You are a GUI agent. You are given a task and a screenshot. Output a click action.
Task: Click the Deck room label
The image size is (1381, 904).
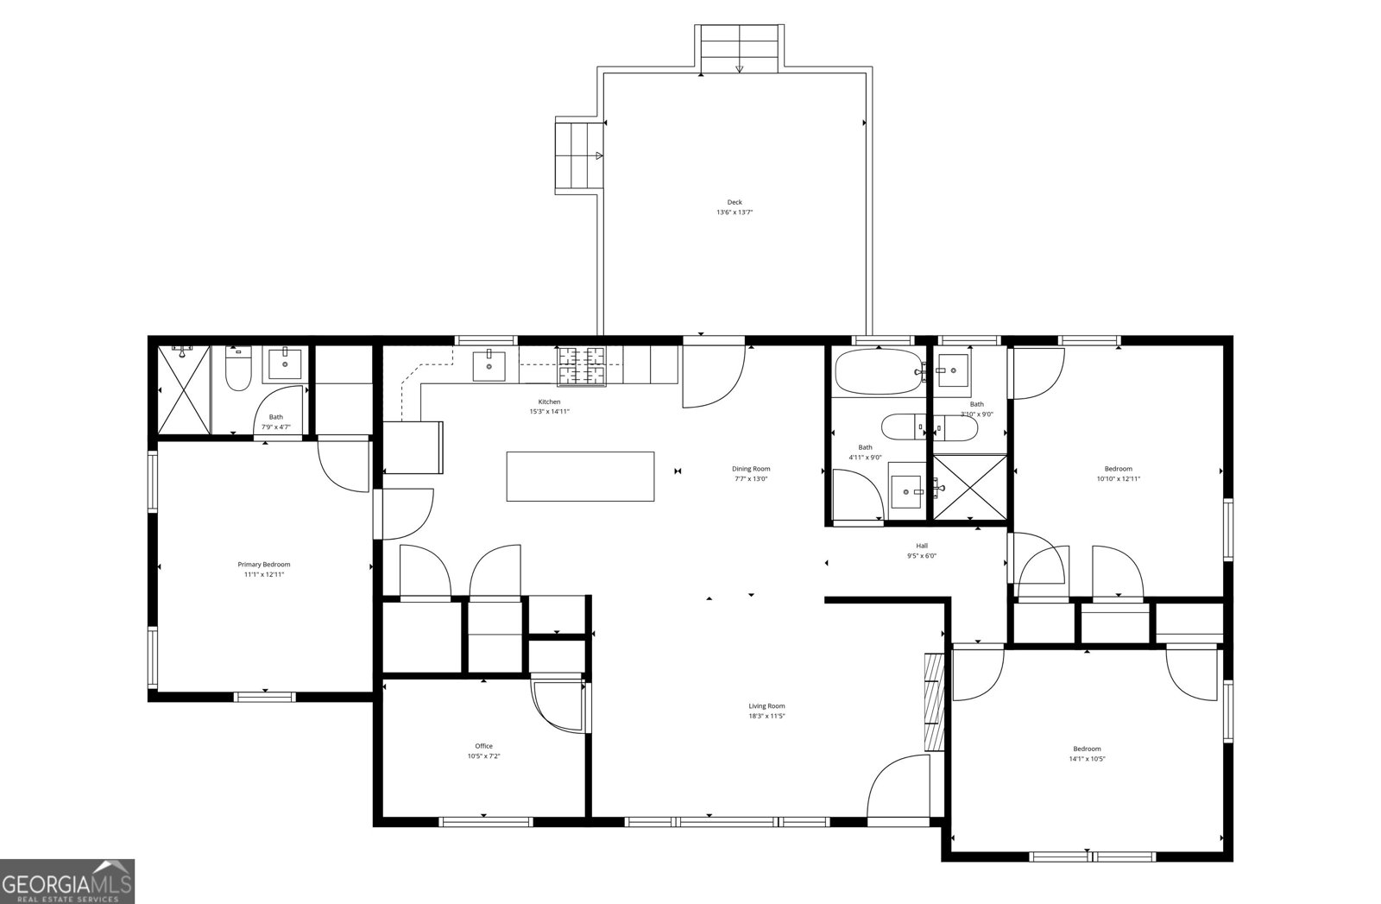[x=735, y=202]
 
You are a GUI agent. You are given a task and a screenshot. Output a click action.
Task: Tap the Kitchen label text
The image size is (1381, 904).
[x=549, y=402]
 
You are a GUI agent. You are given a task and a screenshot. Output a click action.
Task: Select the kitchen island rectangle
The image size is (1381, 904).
[x=580, y=477]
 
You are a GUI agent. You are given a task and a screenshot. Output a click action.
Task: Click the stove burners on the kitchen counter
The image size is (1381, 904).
[x=582, y=366]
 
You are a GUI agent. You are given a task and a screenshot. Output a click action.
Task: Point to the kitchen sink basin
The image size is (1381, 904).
[x=489, y=366]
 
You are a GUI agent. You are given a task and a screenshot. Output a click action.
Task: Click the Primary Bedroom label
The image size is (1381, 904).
[x=264, y=564]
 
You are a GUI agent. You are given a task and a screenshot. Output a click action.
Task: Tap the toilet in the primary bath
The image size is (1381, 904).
[x=238, y=369]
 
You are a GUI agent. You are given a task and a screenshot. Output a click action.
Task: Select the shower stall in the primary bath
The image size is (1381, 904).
[x=185, y=389]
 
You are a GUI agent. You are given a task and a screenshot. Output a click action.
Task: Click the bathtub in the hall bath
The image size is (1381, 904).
[x=879, y=372]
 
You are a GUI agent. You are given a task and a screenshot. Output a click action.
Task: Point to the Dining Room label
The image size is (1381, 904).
[x=751, y=469]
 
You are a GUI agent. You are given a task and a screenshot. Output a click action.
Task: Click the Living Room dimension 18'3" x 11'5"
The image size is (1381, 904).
[x=767, y=716]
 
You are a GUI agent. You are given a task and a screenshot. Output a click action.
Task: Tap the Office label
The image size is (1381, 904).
[x=484, y=746]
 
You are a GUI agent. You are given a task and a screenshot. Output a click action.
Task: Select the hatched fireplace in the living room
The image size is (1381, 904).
[x=934, y=700]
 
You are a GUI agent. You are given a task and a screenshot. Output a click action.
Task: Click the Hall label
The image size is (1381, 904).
[x=922, y=546]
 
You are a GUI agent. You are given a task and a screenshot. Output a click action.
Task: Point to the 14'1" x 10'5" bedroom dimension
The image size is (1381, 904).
[x=1087, y=759]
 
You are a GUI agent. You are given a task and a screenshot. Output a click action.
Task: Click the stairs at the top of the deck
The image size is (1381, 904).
[x=740, y=48]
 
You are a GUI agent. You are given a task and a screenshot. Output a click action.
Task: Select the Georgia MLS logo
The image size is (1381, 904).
[x=67, y=882]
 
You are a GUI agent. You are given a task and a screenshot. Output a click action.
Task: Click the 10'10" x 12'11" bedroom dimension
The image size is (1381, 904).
[x=1119, y=478]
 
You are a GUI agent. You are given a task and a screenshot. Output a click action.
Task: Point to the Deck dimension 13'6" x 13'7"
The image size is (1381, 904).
[x=735, y=212]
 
